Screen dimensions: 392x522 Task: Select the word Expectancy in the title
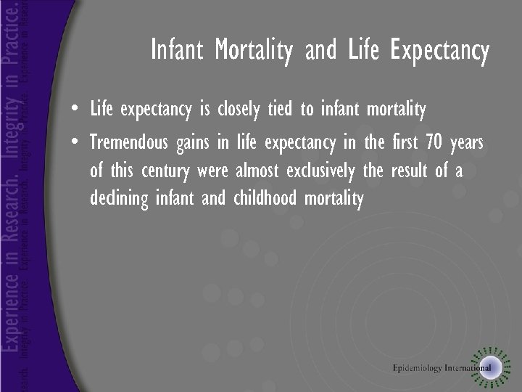coord(439,52)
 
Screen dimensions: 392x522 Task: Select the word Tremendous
coord(128,143)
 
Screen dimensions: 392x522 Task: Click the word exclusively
coord(320,171)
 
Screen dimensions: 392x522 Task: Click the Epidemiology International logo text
coord(442,368)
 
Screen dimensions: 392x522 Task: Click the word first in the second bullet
coord(402,143)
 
